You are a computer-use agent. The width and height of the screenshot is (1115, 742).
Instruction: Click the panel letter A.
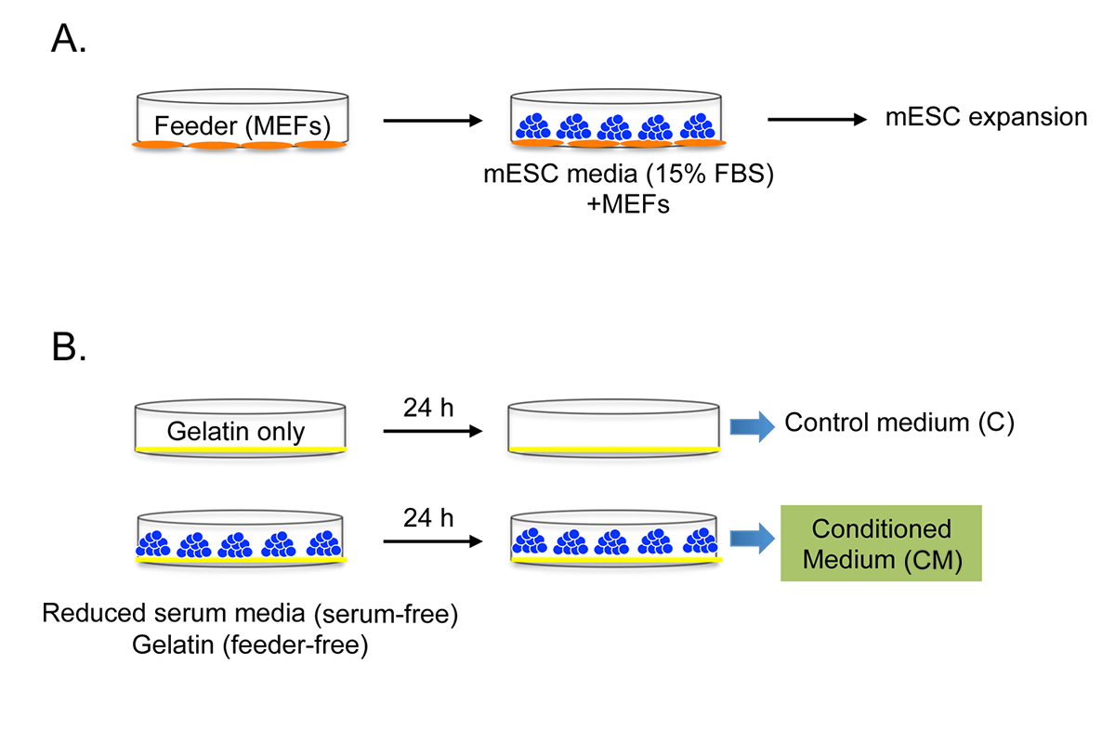(69, 38)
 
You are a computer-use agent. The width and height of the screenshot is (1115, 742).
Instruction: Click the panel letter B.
(69, 347)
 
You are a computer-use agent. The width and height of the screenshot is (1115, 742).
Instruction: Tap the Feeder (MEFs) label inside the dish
(243, 126)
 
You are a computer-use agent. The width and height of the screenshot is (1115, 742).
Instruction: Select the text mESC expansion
(986, 118)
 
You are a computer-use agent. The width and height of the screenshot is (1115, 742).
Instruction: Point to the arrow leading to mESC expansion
(818, 120)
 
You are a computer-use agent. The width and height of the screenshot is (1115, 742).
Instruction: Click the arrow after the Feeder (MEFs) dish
(433, 121)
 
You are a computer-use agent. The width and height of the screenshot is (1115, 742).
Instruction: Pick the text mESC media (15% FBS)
(629, 175)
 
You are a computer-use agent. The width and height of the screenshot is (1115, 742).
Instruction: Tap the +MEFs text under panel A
(628, 204)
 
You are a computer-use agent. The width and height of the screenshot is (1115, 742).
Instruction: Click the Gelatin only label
(235, 432)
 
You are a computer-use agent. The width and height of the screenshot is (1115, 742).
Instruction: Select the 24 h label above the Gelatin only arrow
(428, 408)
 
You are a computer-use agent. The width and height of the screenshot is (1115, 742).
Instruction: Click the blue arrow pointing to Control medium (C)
(752, 426)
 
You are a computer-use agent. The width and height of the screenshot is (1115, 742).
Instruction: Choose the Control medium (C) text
(899, 423)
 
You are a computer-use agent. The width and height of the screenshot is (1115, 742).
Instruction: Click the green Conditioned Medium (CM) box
(881, 543)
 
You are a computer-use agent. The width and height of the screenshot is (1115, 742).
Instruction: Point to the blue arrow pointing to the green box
(752, 539)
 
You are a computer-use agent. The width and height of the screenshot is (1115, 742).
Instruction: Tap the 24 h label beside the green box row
(428, 518)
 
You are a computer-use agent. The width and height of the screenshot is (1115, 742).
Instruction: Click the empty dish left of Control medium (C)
(614, 427)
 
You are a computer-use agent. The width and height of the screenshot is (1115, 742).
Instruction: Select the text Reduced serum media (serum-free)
(250, 614)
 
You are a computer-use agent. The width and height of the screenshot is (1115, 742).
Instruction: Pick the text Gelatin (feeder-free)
(250, 645)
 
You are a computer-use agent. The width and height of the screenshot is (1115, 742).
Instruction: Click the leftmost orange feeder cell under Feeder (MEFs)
(158, 145)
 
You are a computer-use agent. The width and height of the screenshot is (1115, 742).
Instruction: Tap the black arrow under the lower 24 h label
(433, 541)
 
